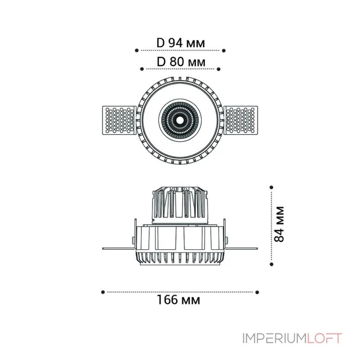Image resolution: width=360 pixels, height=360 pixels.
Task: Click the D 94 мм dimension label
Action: (180, 43)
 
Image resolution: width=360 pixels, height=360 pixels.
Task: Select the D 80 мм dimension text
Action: (180, 62)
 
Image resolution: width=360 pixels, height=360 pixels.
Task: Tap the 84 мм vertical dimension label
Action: (279, 224)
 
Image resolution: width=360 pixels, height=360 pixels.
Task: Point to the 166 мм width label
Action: (179, 299)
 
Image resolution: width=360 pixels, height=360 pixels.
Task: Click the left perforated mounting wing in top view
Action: (118, 120)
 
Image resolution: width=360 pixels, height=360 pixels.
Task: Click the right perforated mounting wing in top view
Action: (242, 120)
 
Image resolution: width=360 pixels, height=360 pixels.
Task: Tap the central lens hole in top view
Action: (180, 120)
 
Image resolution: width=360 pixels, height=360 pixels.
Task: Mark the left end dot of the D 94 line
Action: (137, 50)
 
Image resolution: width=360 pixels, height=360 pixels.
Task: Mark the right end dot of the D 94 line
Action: (224, 50)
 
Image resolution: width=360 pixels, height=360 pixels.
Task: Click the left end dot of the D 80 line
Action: (142, 69)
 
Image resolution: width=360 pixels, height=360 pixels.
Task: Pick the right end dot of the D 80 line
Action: (219, 69)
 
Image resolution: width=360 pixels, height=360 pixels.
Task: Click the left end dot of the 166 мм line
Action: (103, 292)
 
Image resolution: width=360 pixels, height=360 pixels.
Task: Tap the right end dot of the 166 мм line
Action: (257, 292)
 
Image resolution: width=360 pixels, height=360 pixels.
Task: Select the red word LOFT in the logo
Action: (324, 338)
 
